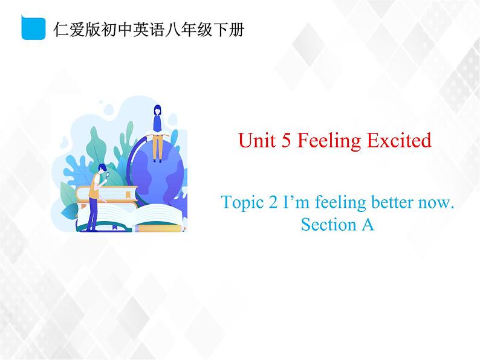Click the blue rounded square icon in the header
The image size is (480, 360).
point(34,28)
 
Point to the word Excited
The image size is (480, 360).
point(400,141)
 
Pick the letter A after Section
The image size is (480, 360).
point(368,225)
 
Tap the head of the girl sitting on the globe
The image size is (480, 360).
point(158,110)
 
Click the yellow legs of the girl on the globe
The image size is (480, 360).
point(158,146)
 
